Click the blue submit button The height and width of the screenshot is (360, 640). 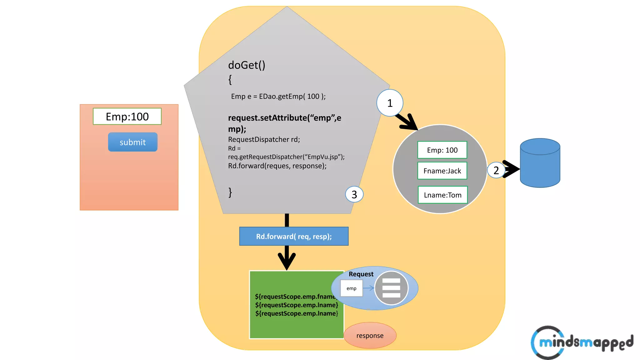coord(132,142)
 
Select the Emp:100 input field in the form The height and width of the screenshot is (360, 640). coord(127,117)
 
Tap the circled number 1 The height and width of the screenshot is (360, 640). coord(390,103)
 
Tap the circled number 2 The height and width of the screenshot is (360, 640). coord(496,170)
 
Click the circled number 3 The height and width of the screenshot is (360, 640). coord(354,194)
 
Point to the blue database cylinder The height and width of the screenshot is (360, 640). coord(540,163)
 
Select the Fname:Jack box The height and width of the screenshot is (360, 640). coord(442,171)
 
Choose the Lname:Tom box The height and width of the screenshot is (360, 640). coord(442,195)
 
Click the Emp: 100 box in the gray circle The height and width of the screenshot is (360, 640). coord(442,150)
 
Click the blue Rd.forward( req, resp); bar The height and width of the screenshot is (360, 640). coord(294,236)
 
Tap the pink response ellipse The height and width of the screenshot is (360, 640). coord(370,336)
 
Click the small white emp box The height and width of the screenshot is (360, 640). coord(351,288)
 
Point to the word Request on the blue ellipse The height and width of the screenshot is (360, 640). coord(361,274)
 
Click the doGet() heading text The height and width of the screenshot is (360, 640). coord(247,65)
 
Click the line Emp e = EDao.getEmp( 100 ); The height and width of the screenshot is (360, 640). coord(278,96)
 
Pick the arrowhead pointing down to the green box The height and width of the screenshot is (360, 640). coord(287,261)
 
